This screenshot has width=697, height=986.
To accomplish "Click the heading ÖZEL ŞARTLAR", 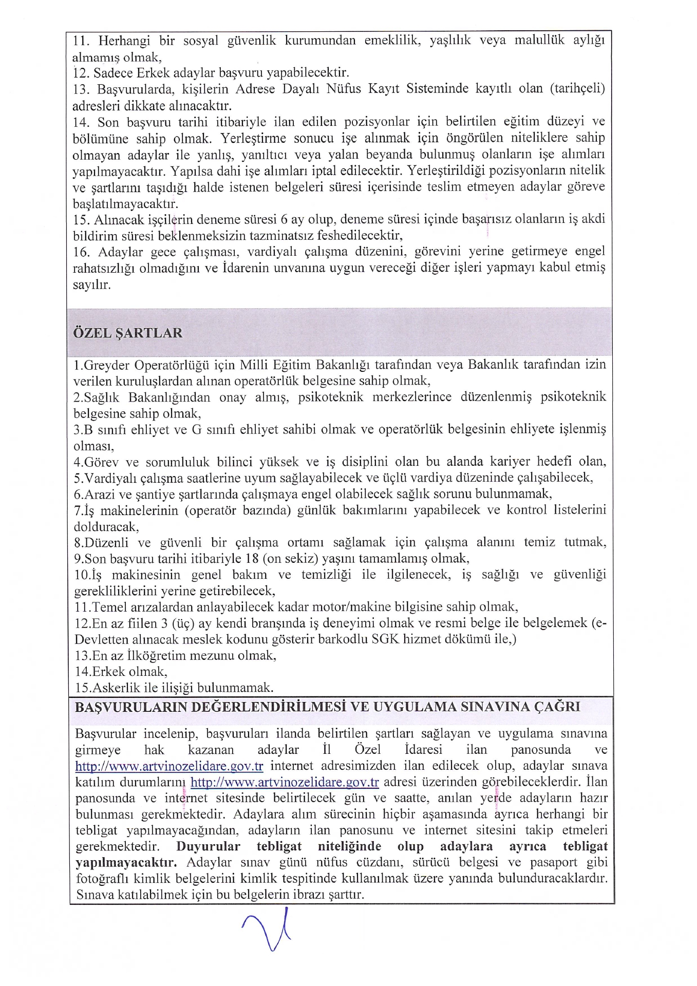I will tap(127, 333).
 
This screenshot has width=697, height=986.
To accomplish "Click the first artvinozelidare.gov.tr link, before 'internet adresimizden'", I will tap(169, 766).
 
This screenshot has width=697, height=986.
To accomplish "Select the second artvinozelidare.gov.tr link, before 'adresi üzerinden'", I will tap(285, 783).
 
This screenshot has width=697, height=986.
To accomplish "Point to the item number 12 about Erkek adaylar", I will tap(81, 73).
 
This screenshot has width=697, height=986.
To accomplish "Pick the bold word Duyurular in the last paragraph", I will tap(208, 847).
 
